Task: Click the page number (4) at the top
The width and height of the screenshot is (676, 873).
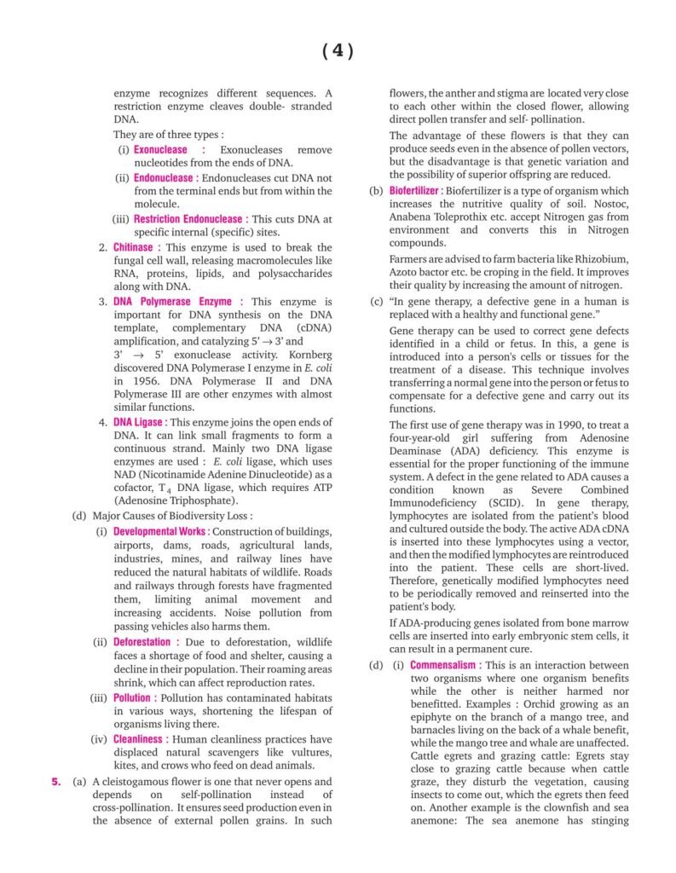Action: click(x=338, y=52)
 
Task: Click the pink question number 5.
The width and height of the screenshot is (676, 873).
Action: click(x=55, y=781)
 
